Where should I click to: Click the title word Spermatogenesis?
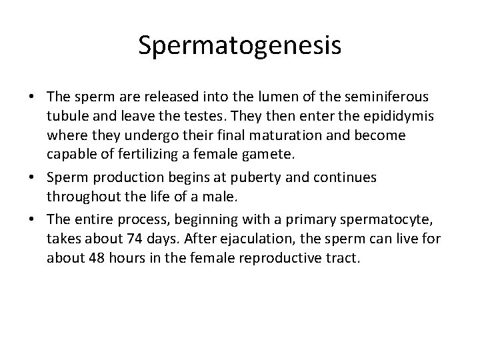tap(240, 45)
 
